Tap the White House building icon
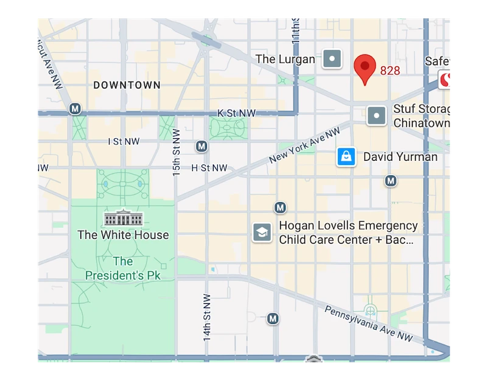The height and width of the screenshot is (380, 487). click(x=123, y=217)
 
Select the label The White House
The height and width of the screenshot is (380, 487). click(x=123, y=234)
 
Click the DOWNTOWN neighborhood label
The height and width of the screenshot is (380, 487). click(x=127, y=85)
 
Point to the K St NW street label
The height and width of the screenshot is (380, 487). click(x=237, y=113)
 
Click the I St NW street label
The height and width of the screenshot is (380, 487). click(x=124, y=141)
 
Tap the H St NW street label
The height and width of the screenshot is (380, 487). click(x=209, y=167)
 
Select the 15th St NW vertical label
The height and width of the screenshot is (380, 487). click(x=177, y=152)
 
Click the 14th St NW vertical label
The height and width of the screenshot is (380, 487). click(x=207, y=317)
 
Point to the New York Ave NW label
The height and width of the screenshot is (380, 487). click(x=304, y=146)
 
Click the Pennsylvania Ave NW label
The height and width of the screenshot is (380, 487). click(x=368, y=323)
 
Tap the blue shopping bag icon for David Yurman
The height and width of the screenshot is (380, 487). click(x=346, y=157)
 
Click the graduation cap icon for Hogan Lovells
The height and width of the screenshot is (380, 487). click(x=262, y=232)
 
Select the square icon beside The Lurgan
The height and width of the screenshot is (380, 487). click(x=332, y=59)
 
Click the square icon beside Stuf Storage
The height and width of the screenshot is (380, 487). click(x=377, y=115)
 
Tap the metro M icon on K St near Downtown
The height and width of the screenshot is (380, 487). click(x=75, y=109)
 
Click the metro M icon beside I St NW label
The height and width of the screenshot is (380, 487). click(x=202, y=146)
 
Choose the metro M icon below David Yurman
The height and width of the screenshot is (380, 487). click(x=391, y=181)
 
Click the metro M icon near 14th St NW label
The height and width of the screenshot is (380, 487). click(x=273, y=318)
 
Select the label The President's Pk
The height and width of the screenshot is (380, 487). click(x=122, y=269)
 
